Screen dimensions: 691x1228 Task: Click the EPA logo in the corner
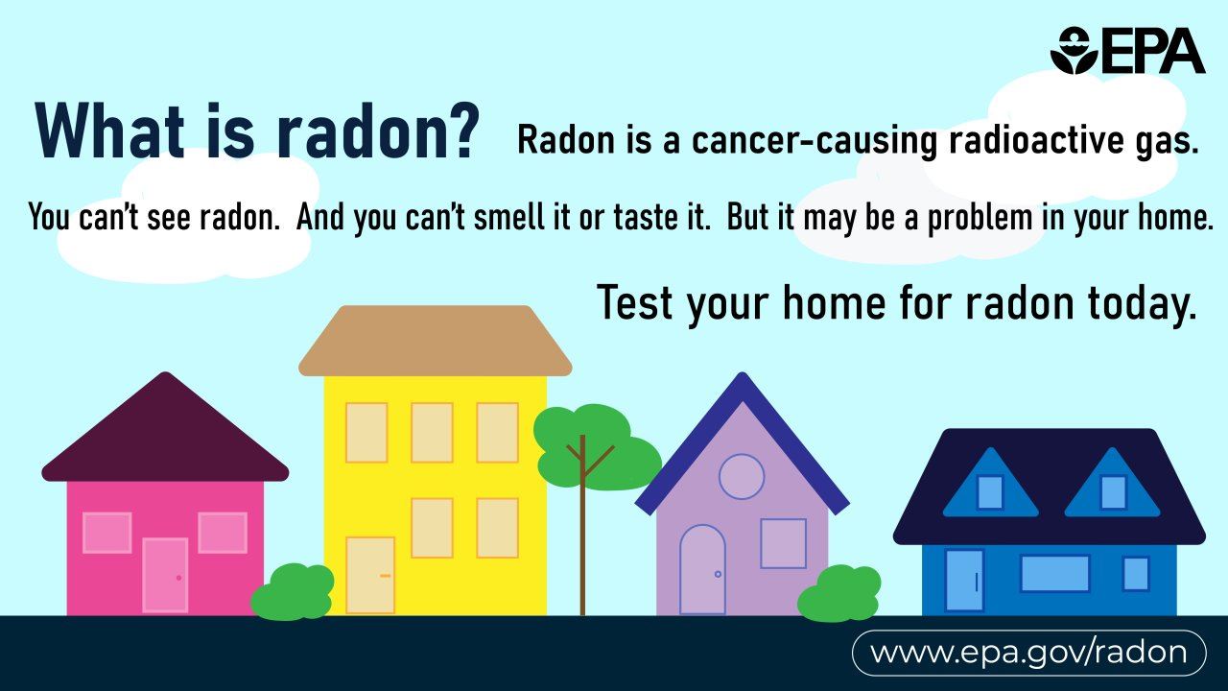pos(1126,50)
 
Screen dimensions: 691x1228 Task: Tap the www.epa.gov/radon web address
pos(1028,654)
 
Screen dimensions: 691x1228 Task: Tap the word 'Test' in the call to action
pos(635,302)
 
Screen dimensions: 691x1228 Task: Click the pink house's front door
pos(165,575)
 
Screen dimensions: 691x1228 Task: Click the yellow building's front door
pos(370,575)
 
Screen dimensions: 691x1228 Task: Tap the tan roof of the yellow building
pos(435,341)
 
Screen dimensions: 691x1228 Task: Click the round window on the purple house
pos(742,476)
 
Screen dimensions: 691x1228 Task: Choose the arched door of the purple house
pos(702,570)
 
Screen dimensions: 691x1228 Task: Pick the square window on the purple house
pos(783,543)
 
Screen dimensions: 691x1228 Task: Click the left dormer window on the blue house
pos(989,492)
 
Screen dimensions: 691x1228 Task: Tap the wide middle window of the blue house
pos(1054,573)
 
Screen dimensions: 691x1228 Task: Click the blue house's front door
pos(963,580)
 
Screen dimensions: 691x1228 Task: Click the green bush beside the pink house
pos(293,592)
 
